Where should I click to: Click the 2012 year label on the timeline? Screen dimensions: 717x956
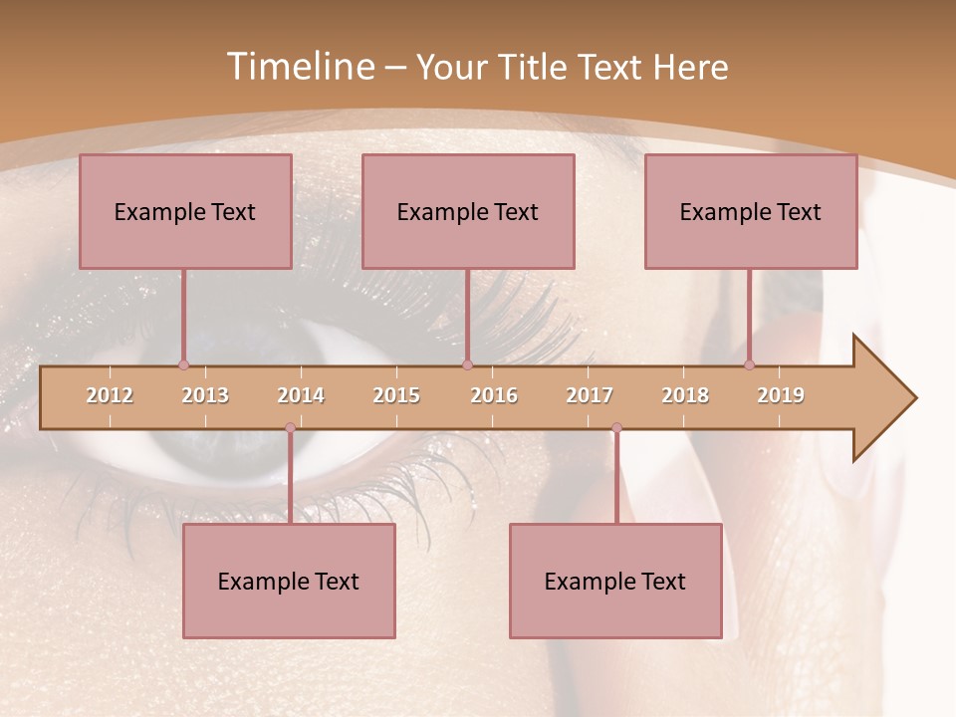click(110, 395)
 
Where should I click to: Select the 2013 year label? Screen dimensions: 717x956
click(205, 395)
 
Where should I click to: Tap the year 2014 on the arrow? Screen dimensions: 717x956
click(301, 395)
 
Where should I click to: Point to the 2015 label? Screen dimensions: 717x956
click(396, 395)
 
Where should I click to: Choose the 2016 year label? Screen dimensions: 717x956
click(494, 395)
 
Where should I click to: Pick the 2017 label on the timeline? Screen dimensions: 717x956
click(590, 395)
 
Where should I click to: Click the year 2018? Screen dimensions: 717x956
click(685, 395)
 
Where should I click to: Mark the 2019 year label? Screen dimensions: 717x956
click(781, 395)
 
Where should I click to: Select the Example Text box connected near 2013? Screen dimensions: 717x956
click(185, 211)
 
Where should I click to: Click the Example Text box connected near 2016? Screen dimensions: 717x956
click(468, 211)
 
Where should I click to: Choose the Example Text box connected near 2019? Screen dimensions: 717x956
click(751, 211)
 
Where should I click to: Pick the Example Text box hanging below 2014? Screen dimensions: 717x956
click(289, 581)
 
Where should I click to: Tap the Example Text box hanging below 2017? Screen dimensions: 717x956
click(615, 581)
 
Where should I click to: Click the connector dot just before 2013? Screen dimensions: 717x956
click(183, 364)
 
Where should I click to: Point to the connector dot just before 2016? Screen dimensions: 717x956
click(467, 364)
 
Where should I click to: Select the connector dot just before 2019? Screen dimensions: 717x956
click(749, 364)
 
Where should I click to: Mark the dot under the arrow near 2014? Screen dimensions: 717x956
click(290, 428)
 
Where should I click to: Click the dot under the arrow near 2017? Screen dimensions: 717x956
click(616, 428)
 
